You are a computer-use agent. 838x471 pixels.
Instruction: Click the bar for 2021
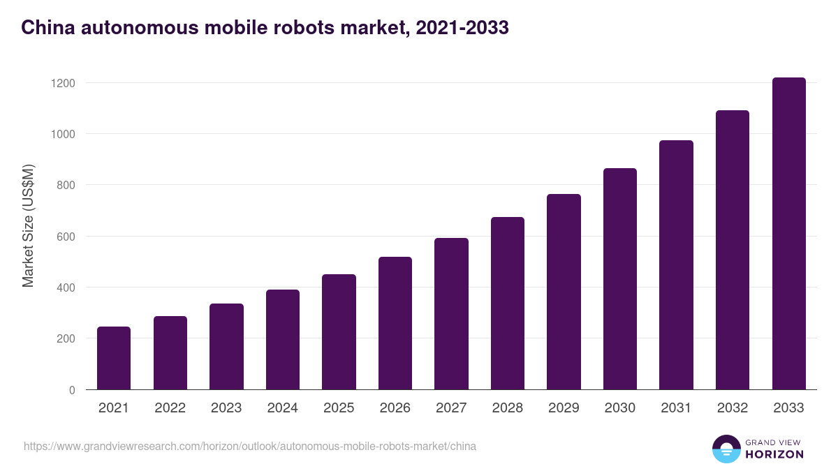[x=114, y=358]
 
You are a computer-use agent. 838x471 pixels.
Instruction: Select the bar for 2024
[x=283, y=340]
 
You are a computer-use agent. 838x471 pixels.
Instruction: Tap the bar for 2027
[x=451, y=314]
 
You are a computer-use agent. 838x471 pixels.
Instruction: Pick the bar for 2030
[x=620, y=279]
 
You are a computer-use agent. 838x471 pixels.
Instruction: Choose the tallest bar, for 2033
[x=788, y=234]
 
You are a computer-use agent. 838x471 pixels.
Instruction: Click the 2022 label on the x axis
[x=170, y=408]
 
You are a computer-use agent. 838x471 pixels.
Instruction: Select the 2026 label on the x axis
[x=395, y=408]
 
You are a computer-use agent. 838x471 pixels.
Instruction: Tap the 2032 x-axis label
[x=732, y=408]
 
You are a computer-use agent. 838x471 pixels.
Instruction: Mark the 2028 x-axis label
[x=507, y=408]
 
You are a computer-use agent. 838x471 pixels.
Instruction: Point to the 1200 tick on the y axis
[x=63, y=83]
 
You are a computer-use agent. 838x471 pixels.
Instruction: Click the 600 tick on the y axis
[x=66, y=237]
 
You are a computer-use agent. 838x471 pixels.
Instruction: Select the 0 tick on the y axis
[x=71, y=390]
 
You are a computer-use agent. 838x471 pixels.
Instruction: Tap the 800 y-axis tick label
[x=66, y=185]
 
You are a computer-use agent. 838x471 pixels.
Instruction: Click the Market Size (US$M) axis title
[x=28, y=226]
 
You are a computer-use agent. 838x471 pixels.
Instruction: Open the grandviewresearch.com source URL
[x=249, y=446]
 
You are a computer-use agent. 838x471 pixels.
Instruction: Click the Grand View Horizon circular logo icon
[x=726, y=449]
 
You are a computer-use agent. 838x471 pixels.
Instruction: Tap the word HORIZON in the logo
[x=774, y=454]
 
